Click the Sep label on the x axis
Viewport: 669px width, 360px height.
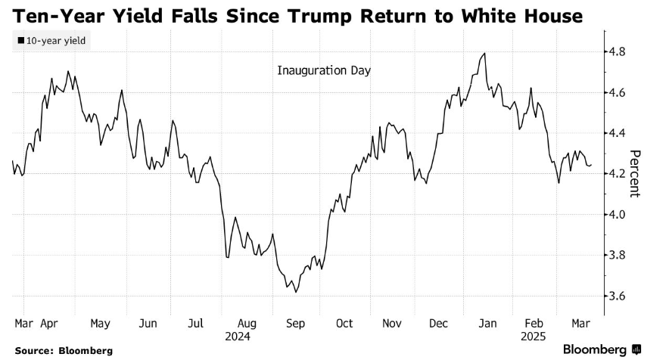(x=296, y=324)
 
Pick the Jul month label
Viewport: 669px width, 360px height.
(x=196, y=324)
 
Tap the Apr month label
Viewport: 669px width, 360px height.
(x=50, y=324)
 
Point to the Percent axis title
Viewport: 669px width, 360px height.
(x=635, y=173)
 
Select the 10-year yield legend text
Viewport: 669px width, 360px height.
(x=54, y=41)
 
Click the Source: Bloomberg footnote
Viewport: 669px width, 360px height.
(x=63, y=350)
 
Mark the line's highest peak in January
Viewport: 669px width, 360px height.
(x=484, y=54)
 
